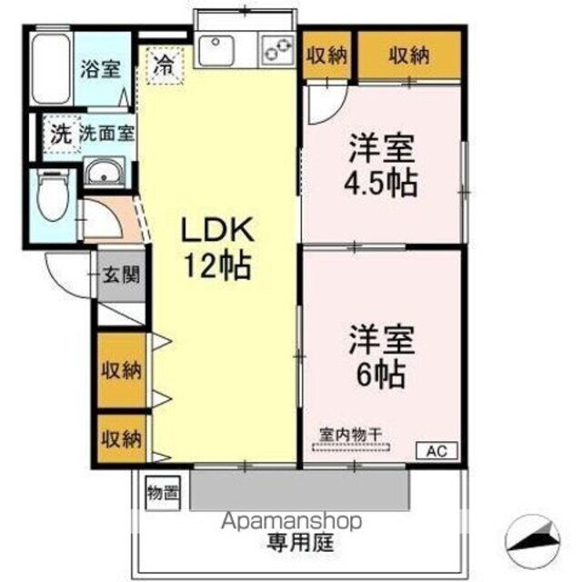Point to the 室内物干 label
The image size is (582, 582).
[x=351, y=434]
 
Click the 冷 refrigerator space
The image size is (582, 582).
[x=164, y=65]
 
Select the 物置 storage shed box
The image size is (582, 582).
[x=163, y=494]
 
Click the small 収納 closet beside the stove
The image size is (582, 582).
[x=326, y=55]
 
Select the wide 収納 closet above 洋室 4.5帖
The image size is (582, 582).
[x=409, y=55]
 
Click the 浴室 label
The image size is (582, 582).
[x=99, y=69]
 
